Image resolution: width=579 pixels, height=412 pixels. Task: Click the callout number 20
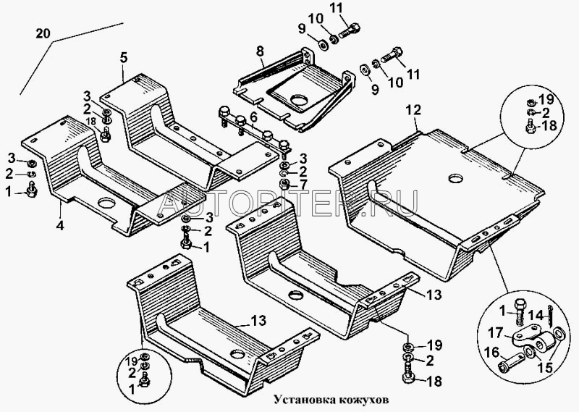[x=43, y=33]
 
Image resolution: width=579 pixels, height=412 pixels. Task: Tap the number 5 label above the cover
[x=123, y=56]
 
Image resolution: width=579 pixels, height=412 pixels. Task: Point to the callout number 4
[x=60, y=225]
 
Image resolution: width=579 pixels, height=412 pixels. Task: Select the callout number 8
[x=261, y=51]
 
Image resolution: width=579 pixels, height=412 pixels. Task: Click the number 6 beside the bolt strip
[x=253, y=117]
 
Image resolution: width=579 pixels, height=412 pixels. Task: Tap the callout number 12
[x=413, y=111]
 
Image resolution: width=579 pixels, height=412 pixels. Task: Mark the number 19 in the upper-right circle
[x=545, y=99]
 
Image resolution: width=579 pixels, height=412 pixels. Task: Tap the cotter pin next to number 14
[x=551, y=313]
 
